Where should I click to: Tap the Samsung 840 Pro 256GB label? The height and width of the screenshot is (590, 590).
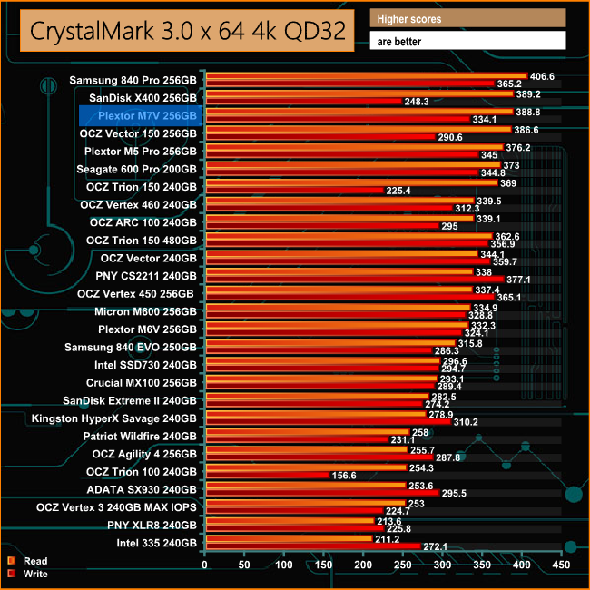click(x=133, y=80)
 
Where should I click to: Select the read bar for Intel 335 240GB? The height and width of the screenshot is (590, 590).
click(x=290, y=539)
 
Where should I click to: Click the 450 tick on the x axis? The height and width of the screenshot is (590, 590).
click(x=562, y=565)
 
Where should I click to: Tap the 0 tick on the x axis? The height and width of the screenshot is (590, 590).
click(x=206, y=565)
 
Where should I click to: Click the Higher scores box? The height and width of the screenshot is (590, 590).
click(x=467, y=18)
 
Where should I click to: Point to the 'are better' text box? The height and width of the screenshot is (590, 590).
click(x=467, y=40)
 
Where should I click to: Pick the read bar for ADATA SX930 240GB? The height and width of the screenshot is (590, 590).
click(x=306, y=487)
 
